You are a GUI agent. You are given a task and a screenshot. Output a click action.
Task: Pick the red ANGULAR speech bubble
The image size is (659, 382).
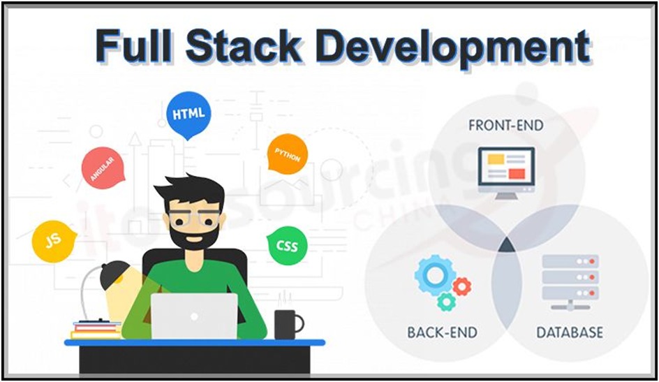(103, 168)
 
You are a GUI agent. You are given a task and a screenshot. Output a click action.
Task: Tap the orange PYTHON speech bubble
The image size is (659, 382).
(287, 154)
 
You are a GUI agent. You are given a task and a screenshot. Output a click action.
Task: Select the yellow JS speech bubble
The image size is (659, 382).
(53, 241)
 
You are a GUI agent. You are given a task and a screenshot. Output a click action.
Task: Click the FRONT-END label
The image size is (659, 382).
(505, 126)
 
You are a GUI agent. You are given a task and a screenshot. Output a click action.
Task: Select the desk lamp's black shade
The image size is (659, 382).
(115, 275)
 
